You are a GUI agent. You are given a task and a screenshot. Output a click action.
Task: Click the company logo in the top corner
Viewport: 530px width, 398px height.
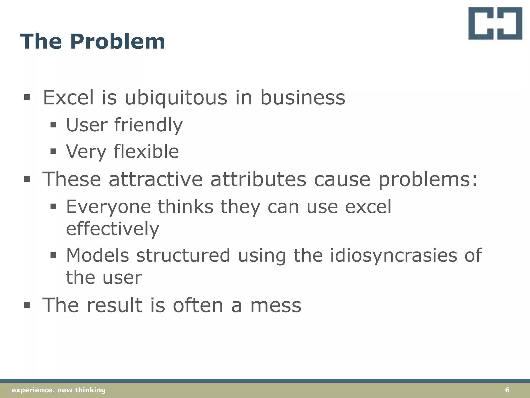(495, 23)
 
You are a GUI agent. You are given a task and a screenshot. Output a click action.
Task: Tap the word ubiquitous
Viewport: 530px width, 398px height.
(176, 98)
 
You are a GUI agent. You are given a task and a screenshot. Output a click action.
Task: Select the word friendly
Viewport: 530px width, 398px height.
(148, 125)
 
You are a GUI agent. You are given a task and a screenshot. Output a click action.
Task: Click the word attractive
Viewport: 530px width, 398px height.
(156, 179)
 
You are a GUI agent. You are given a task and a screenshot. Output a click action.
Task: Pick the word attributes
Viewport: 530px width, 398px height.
(258, 179)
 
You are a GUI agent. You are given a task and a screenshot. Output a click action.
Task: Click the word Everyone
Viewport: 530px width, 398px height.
(108, 207)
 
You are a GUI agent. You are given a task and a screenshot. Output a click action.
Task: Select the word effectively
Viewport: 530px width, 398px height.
(113, 229)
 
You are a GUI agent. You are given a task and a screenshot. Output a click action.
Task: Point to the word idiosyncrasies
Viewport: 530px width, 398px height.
(393, 255)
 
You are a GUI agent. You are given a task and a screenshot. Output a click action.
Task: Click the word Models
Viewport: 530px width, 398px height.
(98, 255)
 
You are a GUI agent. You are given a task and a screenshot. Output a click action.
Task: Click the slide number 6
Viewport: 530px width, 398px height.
(507, 390)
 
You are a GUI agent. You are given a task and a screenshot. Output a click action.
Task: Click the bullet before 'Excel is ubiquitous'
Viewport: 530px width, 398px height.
(27, 98)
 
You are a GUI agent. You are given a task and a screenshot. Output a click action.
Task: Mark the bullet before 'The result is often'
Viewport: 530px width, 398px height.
(27, 305)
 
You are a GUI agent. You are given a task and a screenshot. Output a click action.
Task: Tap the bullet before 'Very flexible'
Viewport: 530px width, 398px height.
(53, 151)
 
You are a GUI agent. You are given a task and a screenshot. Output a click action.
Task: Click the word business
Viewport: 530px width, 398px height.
(302, 98)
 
